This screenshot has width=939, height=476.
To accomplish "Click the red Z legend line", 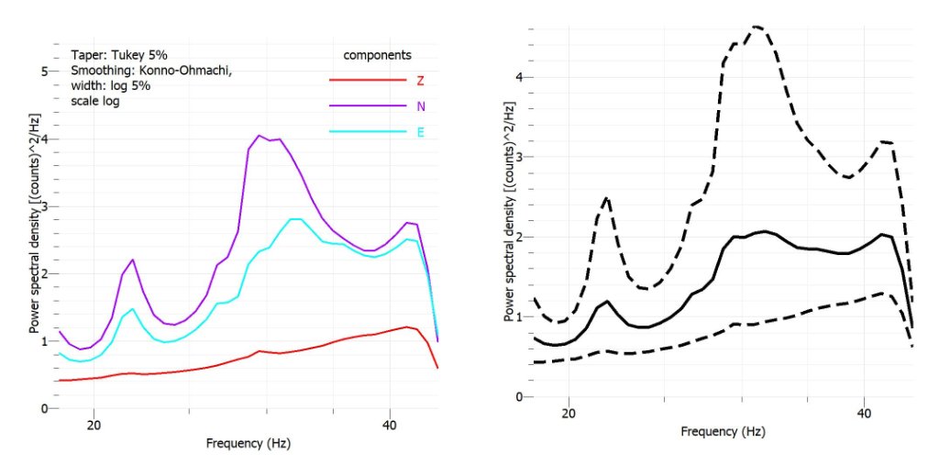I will tap(367, 80).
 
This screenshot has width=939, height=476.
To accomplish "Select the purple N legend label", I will tap(421, 106).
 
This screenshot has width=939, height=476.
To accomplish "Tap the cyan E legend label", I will tap(421, 133).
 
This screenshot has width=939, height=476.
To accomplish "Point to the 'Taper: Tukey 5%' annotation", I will tap(113, 54).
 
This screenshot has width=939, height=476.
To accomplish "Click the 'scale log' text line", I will tap(95, 101).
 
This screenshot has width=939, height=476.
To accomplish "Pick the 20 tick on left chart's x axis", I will tap(93, 426).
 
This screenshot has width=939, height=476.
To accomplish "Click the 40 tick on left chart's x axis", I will tap(390, 426).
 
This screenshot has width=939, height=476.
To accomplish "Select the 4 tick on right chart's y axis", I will tap(519, 77).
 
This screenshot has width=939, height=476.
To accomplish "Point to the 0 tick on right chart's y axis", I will tap(519, 397).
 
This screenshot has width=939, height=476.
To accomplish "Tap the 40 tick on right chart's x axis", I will tap(865, 415).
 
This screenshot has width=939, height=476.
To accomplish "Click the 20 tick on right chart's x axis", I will tap(569, 415).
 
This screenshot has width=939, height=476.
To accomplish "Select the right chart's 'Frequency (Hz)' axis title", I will tap(724, 431).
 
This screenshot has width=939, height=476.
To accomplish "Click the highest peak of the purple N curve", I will tap(260, 136).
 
